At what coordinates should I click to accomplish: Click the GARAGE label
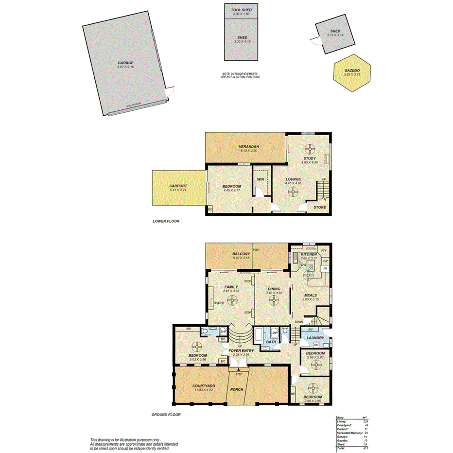(125, 63)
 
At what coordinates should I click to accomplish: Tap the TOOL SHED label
(242, 9)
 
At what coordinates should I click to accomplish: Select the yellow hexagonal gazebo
(352, 73)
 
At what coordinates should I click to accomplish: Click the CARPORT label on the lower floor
(178, 186)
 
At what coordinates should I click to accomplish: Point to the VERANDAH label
(248, 147)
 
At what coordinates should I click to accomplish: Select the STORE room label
(319, 208)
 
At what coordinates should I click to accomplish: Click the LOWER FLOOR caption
(166, 221)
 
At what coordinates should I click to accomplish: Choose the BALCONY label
(241, 254)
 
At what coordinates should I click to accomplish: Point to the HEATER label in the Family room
(218, 303)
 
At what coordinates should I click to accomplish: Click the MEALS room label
(310, 295)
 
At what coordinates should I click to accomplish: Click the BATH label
(271, 342)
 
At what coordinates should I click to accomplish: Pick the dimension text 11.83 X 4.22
(204, 390)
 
